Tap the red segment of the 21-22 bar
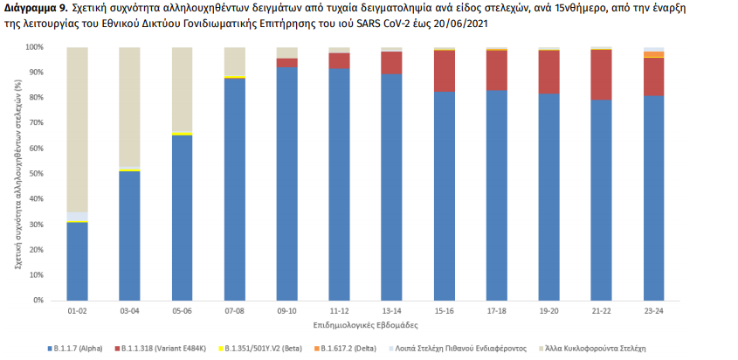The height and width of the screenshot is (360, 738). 601,74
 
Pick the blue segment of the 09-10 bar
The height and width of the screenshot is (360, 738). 286,183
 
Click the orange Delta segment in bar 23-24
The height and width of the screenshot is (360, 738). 653,54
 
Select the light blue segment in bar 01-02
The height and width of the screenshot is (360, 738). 77,217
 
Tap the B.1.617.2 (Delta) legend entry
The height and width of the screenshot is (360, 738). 354,349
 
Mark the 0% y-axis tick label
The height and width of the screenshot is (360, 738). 36,300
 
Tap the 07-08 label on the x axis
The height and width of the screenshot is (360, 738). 234,310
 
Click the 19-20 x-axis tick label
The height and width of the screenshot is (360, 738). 548,310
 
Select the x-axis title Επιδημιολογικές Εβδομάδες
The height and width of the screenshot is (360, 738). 364,324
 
